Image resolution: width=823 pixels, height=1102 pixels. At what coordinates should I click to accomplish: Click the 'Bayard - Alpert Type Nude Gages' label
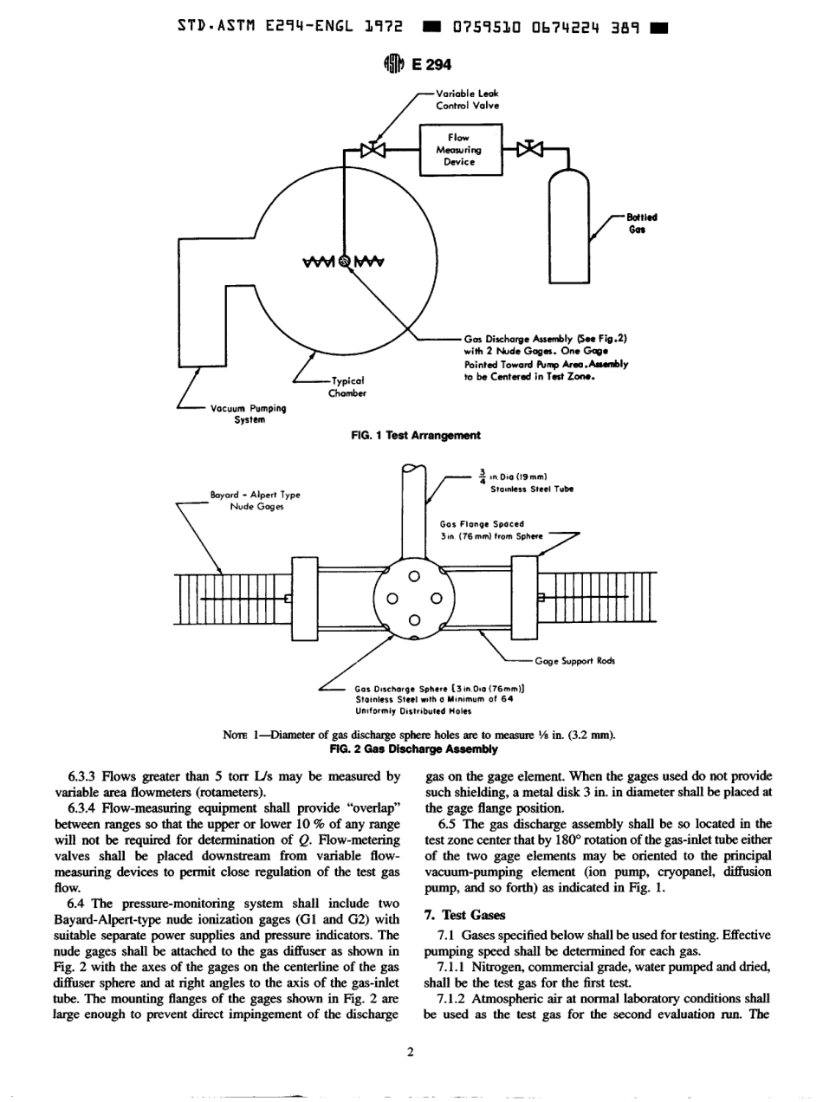[255, 501]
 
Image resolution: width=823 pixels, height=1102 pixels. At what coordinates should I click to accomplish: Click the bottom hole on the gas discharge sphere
[414, 619]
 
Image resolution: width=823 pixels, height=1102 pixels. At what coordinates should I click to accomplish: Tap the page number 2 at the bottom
[411, 1052]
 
